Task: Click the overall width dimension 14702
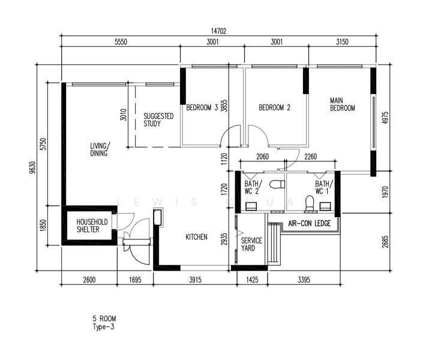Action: click(x=218, y=31)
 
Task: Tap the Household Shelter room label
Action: click(x=92, y=226)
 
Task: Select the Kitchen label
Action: click(x=196, y=237)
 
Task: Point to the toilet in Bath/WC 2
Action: click(x=277, y=184)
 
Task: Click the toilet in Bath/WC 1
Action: click(x=310, y=203)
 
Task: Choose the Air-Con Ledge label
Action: click(x=310, y=223)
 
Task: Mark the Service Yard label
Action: click(x=251, y=244)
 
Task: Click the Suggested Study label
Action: click(x=158, y=120)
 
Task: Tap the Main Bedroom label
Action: click(x=343, y=104)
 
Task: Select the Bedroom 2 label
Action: click(x=274, y=107)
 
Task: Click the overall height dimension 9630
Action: click(x=32, y=167)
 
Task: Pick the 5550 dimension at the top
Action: click(x=121, y=42)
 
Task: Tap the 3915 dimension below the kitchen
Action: click(x=195, y=280)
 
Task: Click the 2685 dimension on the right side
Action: click(x=385, y=242)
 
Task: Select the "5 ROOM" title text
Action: click(x=104, y=319)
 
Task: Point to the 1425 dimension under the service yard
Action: click(x=252, y=280)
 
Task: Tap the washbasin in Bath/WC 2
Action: click(x=251, y=206)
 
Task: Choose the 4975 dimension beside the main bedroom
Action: click(x=385, y=118)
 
